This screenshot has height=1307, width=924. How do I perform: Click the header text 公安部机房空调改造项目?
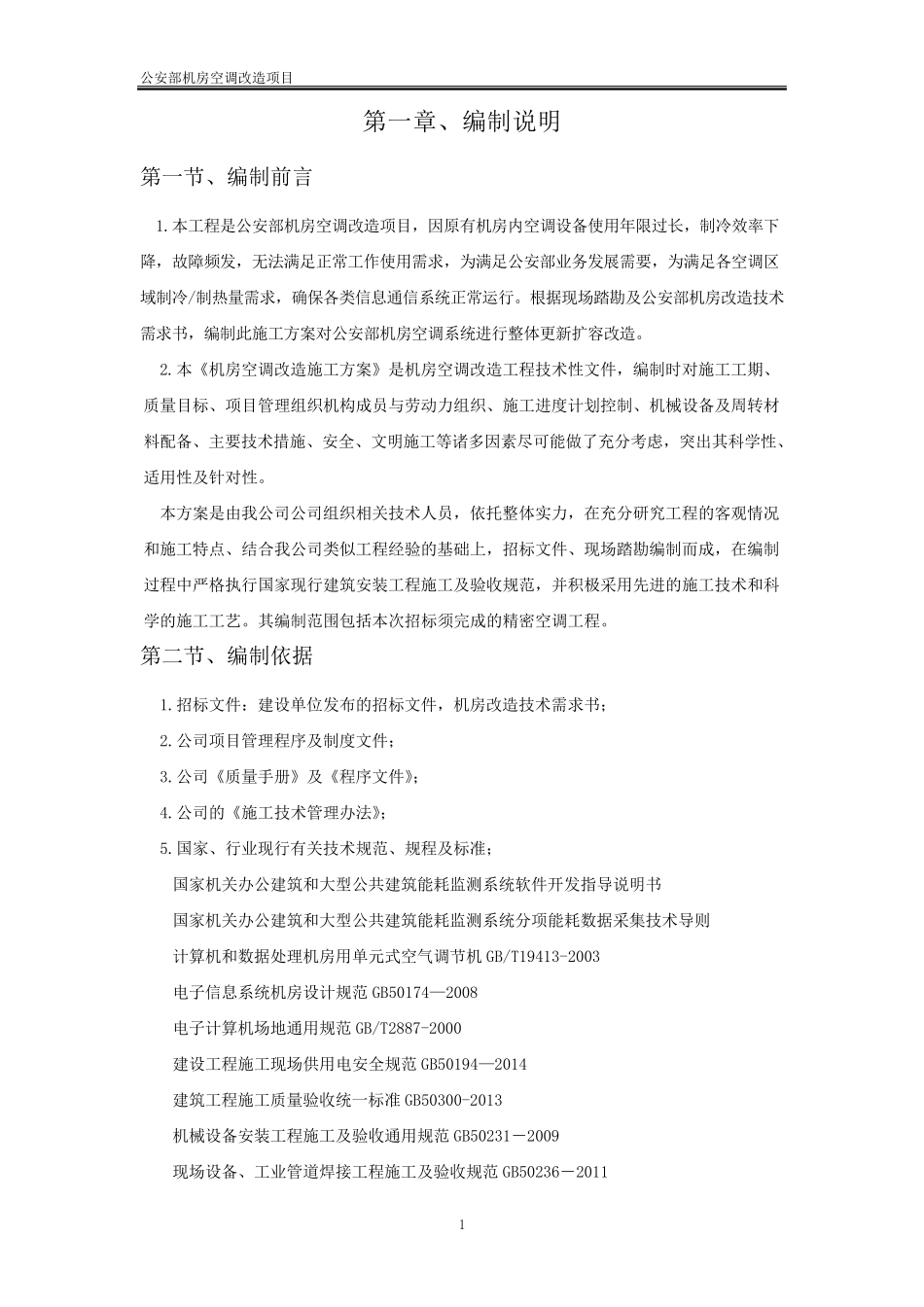pos(217,79)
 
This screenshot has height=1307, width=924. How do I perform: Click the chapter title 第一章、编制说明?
pos(461,123)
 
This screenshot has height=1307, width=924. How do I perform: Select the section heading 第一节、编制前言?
pos(227,178)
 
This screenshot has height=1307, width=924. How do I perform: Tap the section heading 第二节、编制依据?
pos(227,656)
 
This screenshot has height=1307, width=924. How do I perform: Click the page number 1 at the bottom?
pos(462,1224)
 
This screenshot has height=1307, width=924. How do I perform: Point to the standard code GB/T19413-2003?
pos(543,957)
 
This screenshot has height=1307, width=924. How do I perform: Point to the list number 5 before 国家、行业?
pos(164,849)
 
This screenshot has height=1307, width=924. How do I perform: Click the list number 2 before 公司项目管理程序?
pos(164,741)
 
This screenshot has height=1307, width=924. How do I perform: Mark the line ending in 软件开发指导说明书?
pos(417,885)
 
